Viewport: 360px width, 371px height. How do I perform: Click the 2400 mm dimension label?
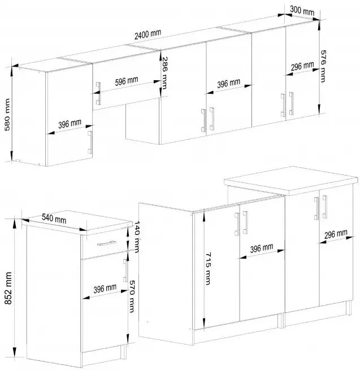click(x=148, y=34)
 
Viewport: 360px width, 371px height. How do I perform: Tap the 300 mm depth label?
click(x=302, y=10)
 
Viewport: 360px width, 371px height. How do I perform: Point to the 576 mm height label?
click(x=323, y=66)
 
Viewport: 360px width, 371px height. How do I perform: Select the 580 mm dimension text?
click(x=7, y=115)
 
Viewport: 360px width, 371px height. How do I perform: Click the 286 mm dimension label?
click(x=164, y=73)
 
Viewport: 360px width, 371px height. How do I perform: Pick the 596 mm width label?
click(x=127, y=81)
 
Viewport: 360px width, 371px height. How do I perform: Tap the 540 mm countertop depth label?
click(x=54, y=219)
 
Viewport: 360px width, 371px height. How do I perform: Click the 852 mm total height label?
click(x=8, y=288)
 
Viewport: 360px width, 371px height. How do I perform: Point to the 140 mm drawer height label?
click(x=137, y=237)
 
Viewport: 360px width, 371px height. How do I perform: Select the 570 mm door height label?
click(x=132, y=296)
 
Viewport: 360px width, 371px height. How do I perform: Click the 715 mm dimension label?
click(x=208, y=269)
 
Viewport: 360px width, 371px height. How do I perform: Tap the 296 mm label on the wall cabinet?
click(x=302, y=66)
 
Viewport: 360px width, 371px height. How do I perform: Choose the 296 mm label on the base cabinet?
click(x=336, y=234)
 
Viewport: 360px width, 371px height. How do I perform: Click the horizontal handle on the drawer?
click(x=107, y=243)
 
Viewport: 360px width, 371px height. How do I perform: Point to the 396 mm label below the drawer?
click(x=105, y=289)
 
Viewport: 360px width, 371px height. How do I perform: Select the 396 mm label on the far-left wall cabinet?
click(x=70, y=124)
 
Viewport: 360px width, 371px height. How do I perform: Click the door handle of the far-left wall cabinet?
click(x=90, y=143)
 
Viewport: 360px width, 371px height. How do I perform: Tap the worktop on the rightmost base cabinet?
click(x=291, y=181)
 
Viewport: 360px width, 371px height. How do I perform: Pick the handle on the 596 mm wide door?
click(x=98, y=94)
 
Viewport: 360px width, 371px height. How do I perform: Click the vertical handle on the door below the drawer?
click(x=125, y=270)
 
